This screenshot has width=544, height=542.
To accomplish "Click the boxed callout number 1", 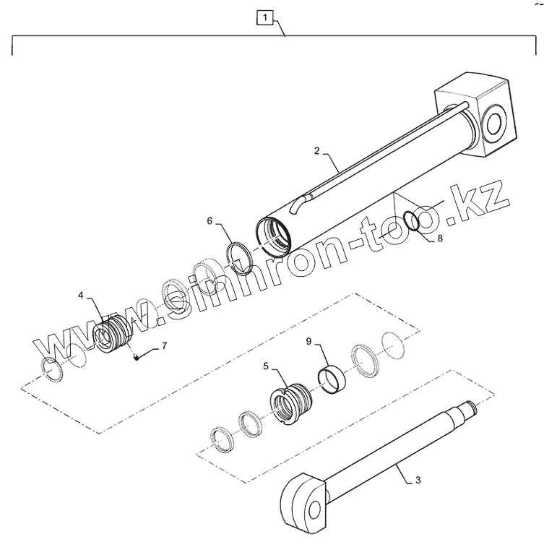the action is point(265,17).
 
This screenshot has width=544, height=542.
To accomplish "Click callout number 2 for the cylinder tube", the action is point(316,151).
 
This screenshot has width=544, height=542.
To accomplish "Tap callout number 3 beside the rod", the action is point(418,481).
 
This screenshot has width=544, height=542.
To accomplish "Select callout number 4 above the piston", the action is point(81,296).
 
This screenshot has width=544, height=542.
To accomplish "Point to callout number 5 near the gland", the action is point(266,366).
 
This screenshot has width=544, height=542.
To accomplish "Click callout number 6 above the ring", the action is point(210,221).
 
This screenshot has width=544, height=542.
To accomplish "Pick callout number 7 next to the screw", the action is point(164,346).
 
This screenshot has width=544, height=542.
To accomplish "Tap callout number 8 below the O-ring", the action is point(440,238).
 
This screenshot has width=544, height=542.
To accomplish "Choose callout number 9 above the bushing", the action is point(308,342).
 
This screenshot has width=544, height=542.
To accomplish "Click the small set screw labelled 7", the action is point(137,358).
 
